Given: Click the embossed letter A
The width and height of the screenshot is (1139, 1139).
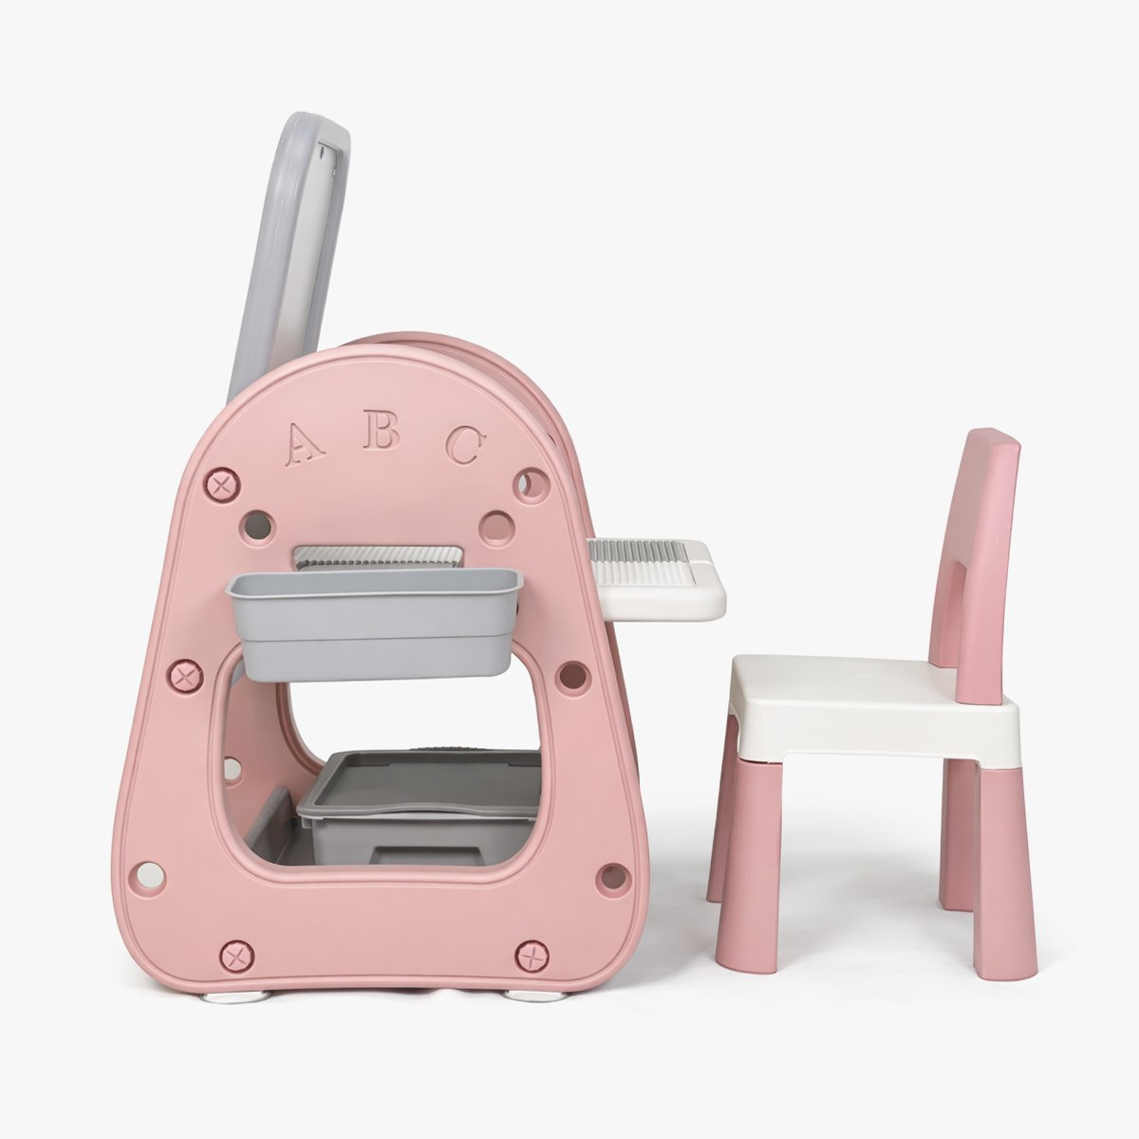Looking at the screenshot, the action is [304, 444].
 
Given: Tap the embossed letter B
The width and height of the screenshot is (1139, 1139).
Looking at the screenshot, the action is [381, 435].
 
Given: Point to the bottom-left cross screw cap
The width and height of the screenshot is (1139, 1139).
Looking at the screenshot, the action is [236, 955].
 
